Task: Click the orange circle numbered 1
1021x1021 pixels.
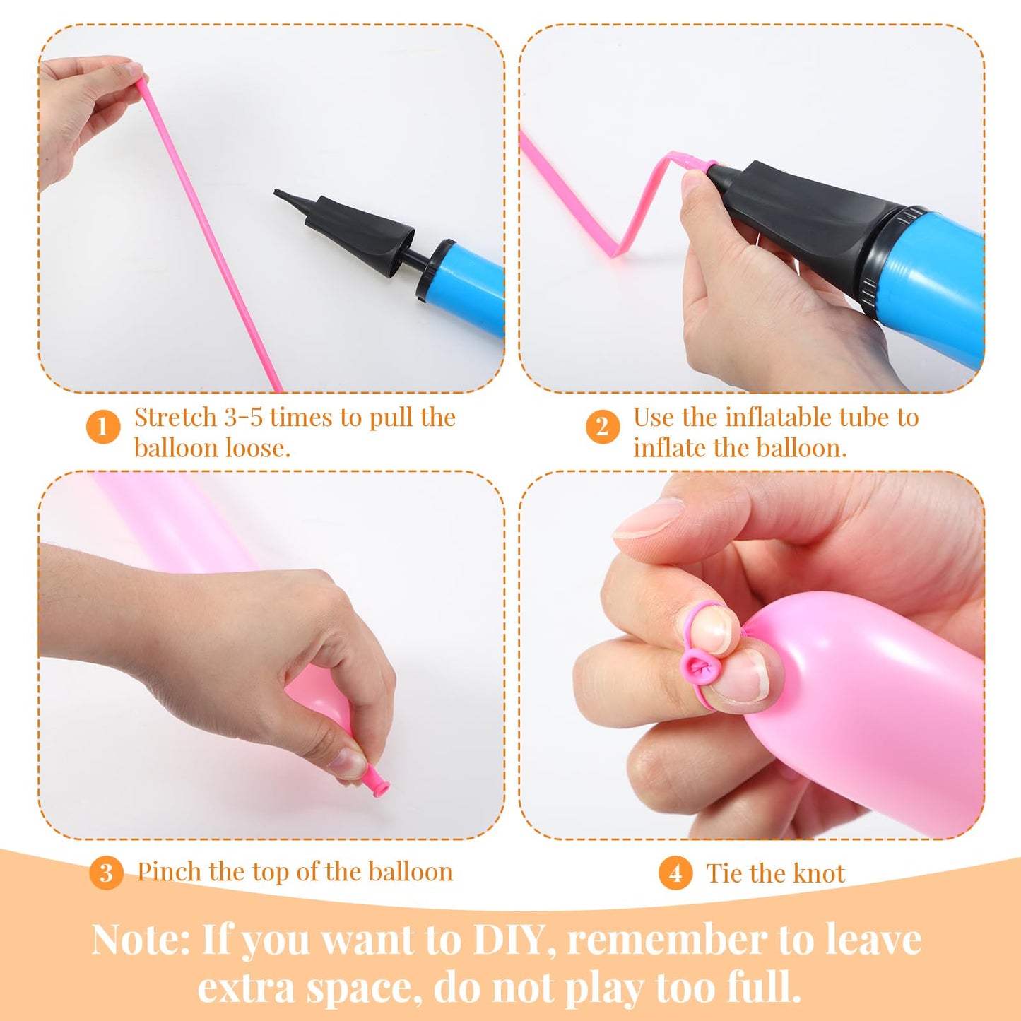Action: (x=102, y=427)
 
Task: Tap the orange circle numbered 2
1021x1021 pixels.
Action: (x=603, y=427)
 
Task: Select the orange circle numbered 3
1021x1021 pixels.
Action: (x=106, y=872)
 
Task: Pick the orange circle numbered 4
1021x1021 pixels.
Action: (x=675, y=873)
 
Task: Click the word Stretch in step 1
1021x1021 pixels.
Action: (x=175, y=418)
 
